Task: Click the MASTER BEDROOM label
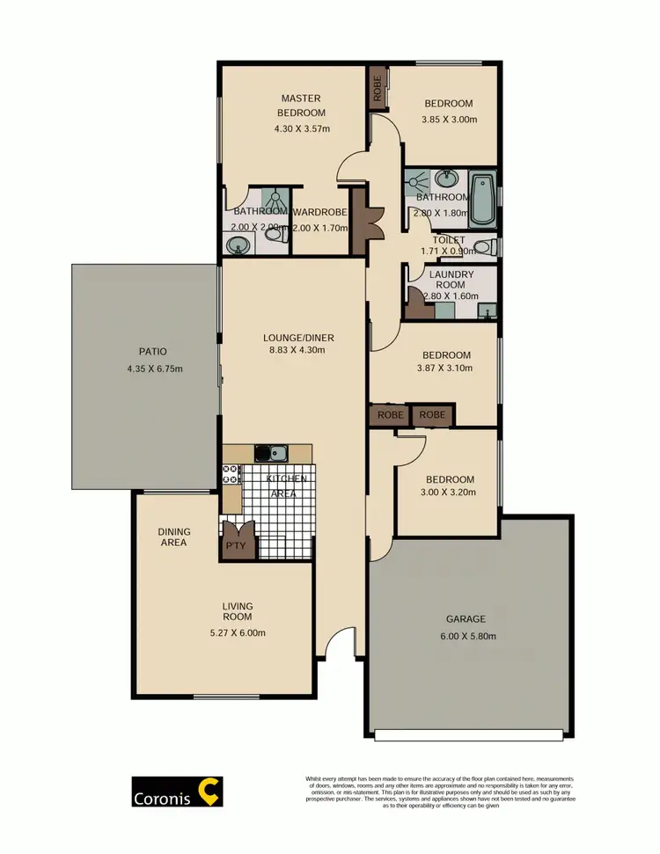[x=301, y=105]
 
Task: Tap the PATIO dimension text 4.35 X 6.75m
[x=155, y=368]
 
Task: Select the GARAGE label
[x=465, y=618]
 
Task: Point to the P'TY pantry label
[x=235, y=545]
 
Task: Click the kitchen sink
[x=271, y=454]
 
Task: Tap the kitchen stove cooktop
[x=231, y=476]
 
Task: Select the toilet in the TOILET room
[x=482, y=247]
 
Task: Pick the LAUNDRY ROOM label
[x=451, y=280]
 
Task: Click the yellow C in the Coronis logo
[x=209, y=790]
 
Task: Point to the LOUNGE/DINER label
[x=298, y=337]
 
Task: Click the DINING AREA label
[x=174, y=537]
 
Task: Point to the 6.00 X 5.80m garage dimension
[x=465, y=636]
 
